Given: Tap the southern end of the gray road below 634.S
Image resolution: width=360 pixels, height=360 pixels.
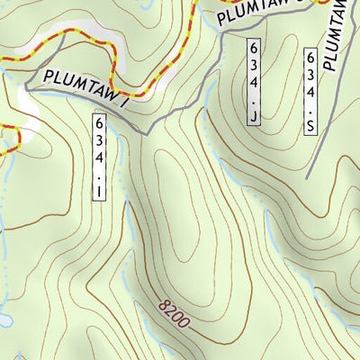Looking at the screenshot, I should pyautogui.click(x=308, y=175).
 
